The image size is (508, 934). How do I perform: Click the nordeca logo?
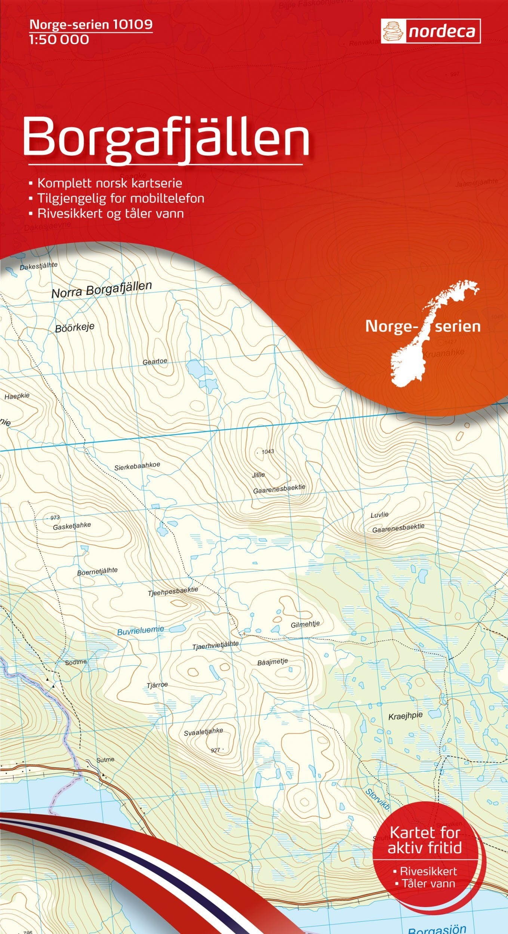point(431,31)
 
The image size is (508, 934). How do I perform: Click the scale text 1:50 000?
point(59,40)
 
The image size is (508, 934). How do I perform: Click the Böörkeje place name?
point(75,328)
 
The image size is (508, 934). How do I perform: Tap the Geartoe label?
point(155,362)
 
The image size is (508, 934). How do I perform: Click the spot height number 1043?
point(268,452)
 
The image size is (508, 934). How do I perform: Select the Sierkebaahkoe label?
point(137,466)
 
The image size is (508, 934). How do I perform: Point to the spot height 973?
point(55,518)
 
